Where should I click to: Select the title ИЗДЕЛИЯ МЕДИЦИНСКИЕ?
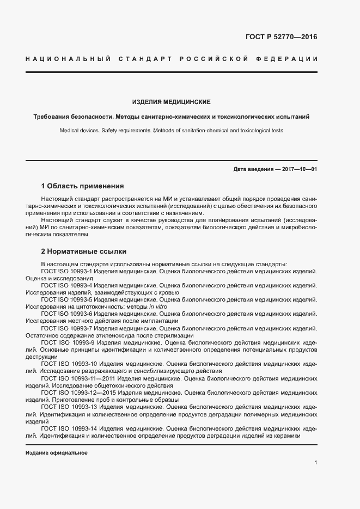click(x=171, y=102)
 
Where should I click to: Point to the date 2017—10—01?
click(x=300, y=169)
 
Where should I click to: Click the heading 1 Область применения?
click(x=82, y=186)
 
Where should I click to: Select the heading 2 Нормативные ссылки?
click(x=84, y=252)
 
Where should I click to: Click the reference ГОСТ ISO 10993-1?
click(x=68, y=271)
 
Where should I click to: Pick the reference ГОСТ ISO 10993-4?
click(x=68, y=285)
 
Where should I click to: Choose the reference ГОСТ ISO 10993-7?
click(x=68, y=329)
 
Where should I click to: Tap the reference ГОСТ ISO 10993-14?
click(x=70, y=429)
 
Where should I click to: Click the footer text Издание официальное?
click(x=57, y=453)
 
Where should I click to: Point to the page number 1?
click(x=316, y=463)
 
